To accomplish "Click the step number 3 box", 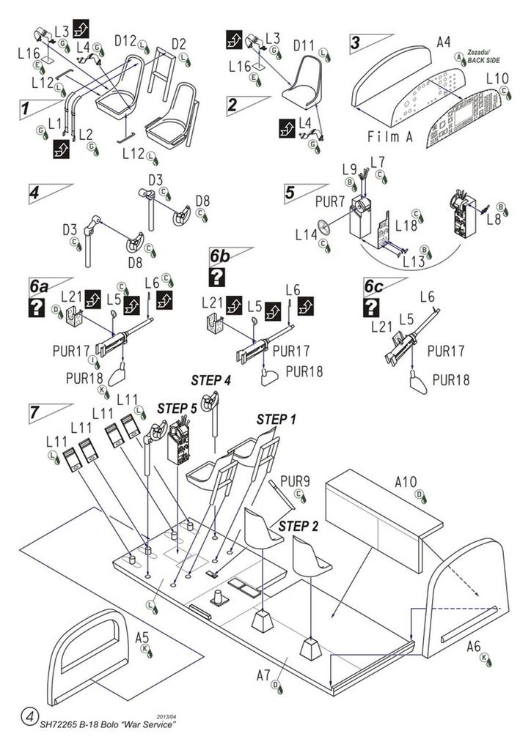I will point(356,42).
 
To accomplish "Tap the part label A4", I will point(443,42).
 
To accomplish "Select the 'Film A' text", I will point(390,137).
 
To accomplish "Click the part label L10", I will point(497,78).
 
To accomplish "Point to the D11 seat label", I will point(304,45).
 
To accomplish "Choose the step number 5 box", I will point(290,193).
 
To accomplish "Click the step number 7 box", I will point(34,412).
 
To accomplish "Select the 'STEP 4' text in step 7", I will point(211,380).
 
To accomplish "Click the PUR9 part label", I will point(295,481).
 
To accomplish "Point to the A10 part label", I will point(406,482).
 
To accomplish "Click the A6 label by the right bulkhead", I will point(475,645).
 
